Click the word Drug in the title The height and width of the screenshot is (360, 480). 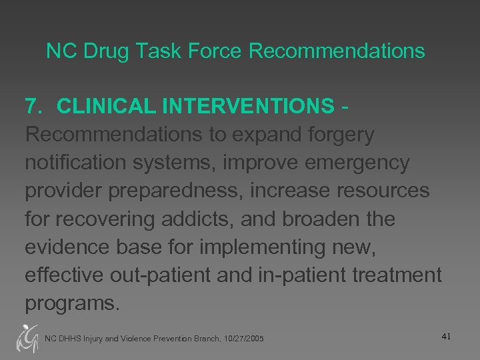click(91, 51)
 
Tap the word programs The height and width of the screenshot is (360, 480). click(72, 303)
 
